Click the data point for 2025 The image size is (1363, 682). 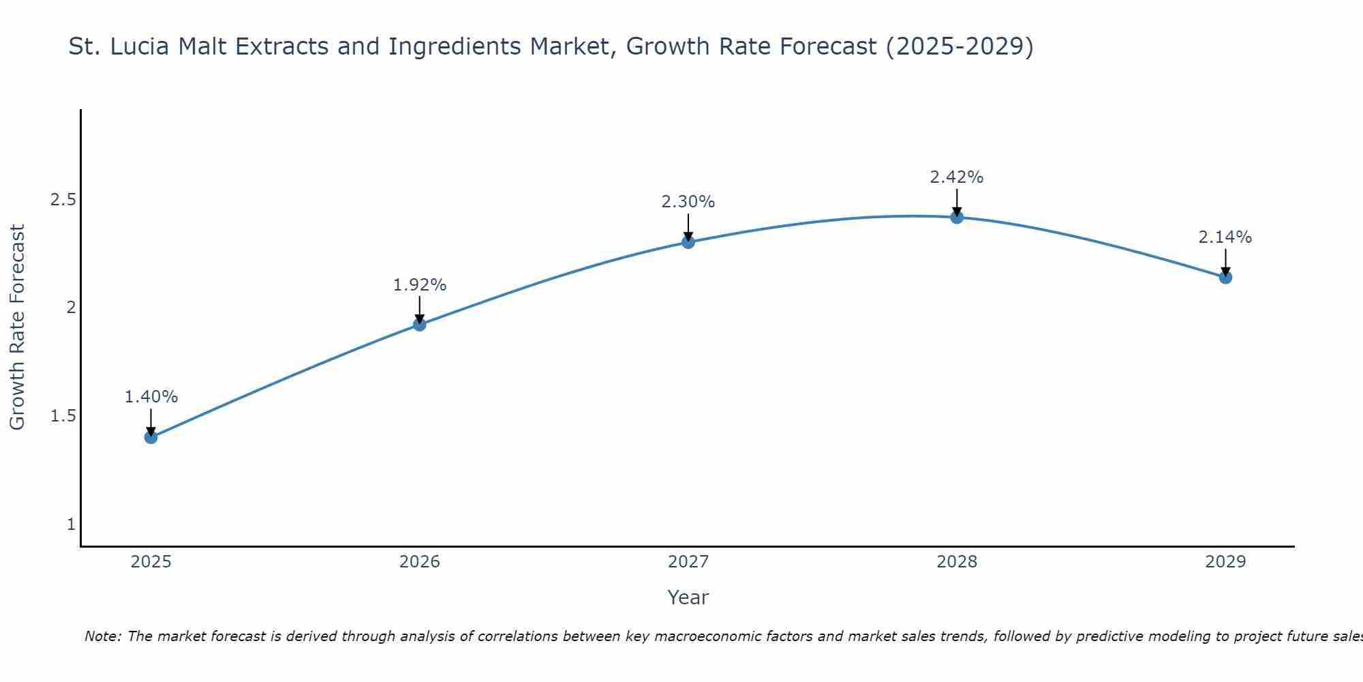151,437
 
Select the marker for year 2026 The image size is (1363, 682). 420,325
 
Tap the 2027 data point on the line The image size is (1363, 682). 688,242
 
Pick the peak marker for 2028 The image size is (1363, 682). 957,218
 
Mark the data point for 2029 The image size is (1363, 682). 1225,278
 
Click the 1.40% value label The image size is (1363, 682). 151,397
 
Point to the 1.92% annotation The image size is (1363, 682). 420,285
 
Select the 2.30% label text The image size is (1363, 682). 688,202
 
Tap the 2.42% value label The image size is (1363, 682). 957,177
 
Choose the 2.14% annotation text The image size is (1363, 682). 1225,237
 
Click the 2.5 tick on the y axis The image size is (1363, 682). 63,200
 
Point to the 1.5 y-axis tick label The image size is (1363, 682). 63,416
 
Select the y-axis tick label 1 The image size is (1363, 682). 71,524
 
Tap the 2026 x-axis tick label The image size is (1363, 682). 420,562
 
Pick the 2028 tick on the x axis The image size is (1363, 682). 957,562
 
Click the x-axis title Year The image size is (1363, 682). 688,597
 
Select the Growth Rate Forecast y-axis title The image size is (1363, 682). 17,327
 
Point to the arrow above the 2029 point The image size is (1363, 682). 1225,262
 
